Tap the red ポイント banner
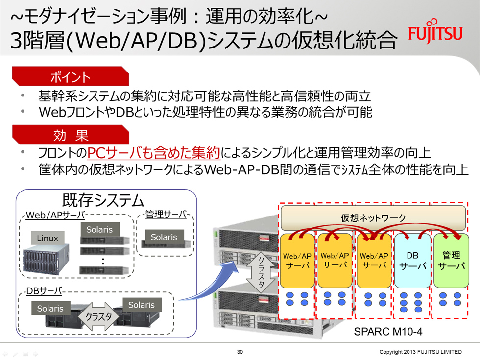tap(71, 76)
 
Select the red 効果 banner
tap(71, 135)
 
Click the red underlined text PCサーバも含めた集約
tap(154, 152)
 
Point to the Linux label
tap(48, 238)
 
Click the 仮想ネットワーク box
tap(373, 217)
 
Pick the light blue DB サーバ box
tap(412, 261)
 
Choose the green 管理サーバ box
tap(451, 261)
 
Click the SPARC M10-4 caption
tap(388, 331)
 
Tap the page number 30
tap(240, 352)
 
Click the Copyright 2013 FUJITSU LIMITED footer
tap(420, 352)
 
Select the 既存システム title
tap(103, 200)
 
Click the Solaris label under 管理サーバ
tap(164, 237)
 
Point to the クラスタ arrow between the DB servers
tap(99, 316)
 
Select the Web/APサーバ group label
tap(55, 215)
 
